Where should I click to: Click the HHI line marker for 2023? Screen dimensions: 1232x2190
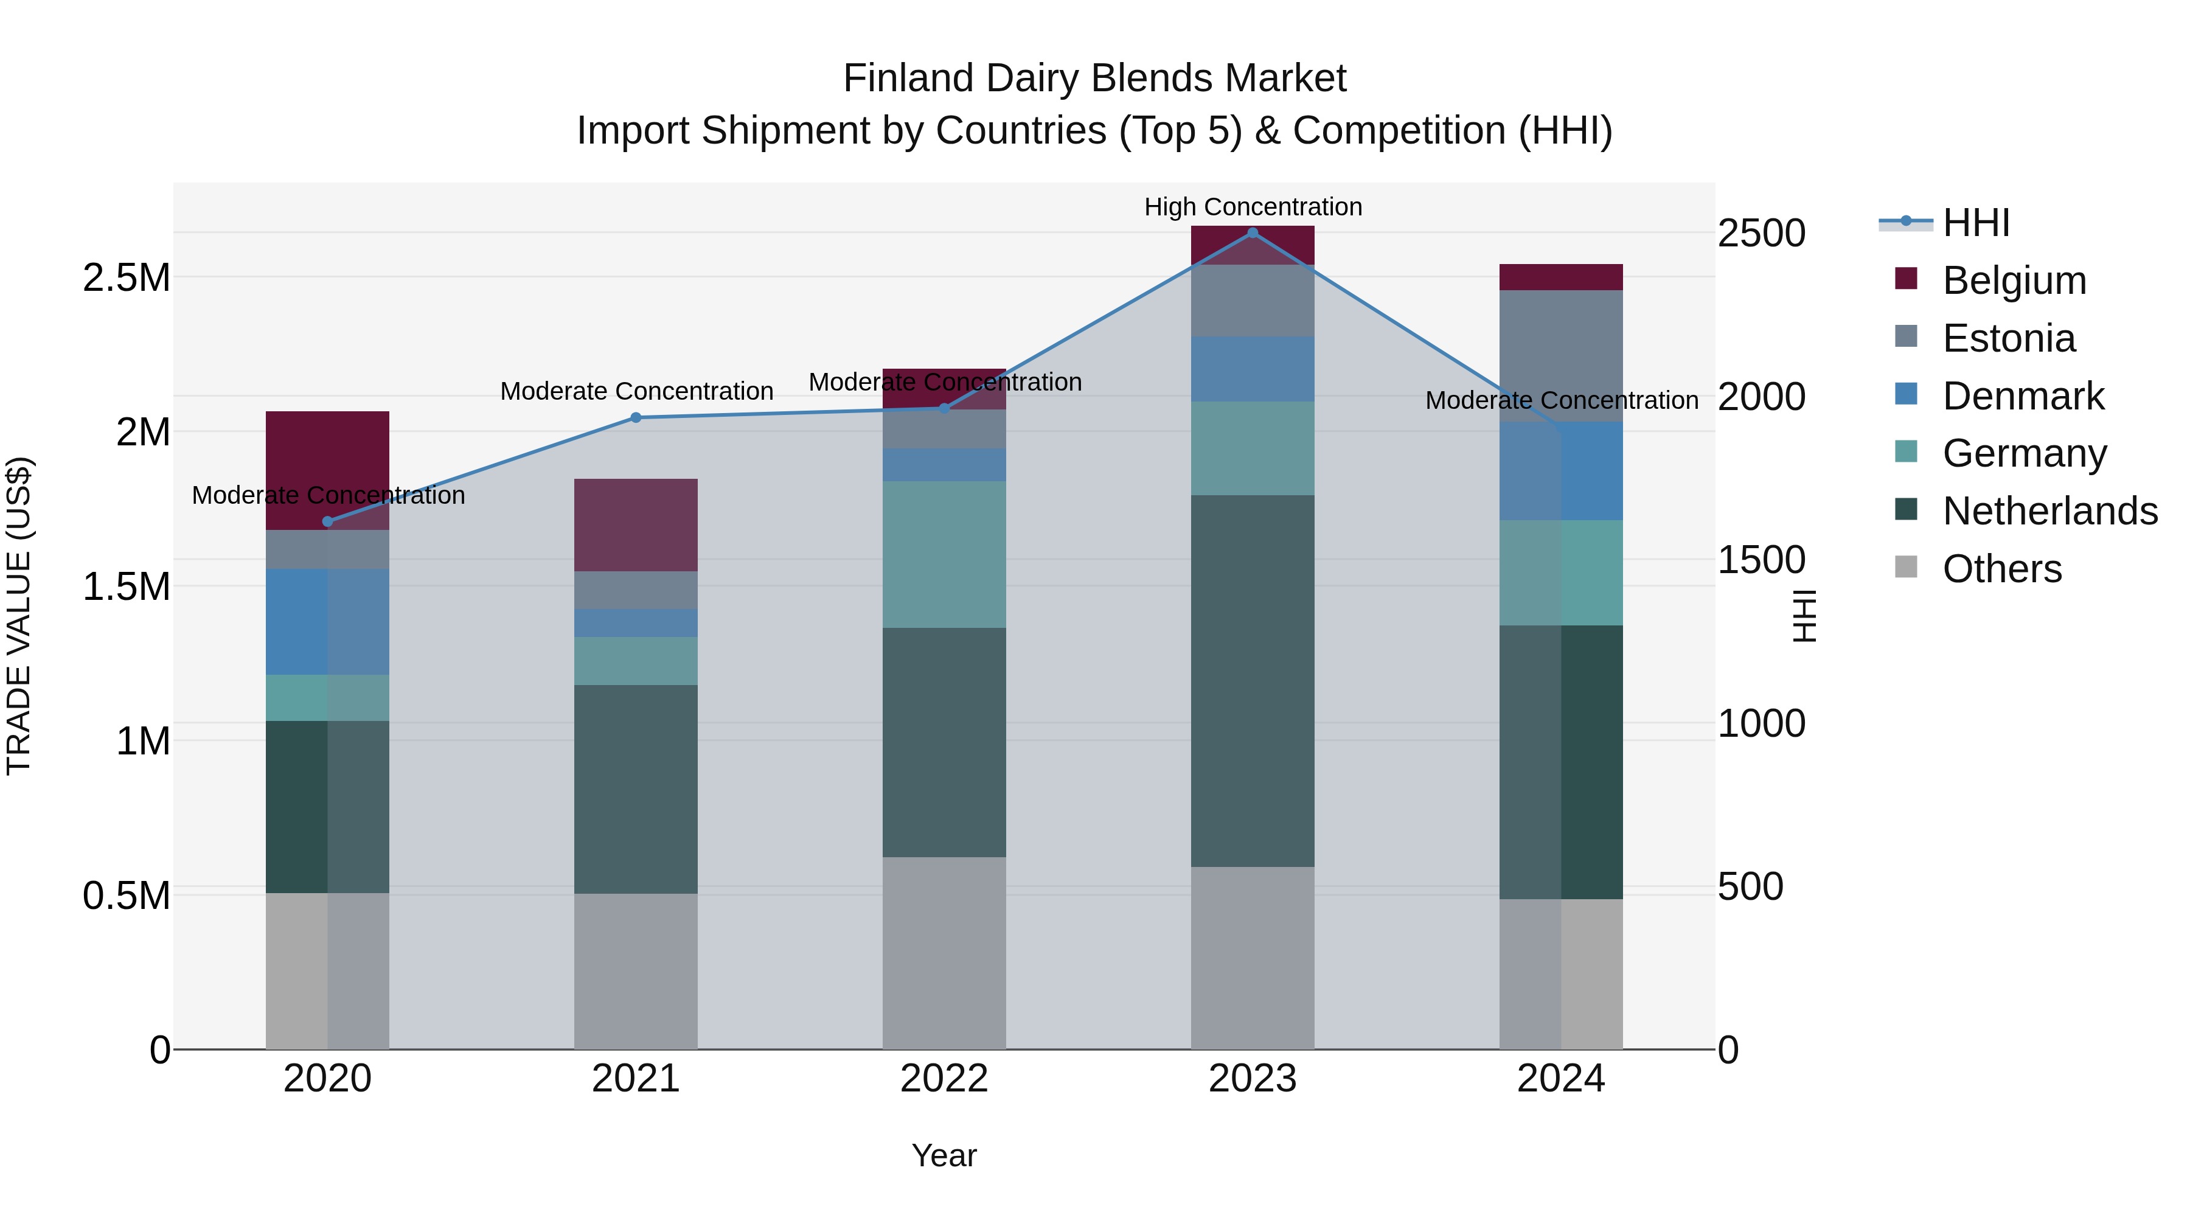click(x=1253, y=233)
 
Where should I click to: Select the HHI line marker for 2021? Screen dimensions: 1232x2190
click(x=636, y=417)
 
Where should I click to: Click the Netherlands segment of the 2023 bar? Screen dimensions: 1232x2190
click(x=1253, y=680)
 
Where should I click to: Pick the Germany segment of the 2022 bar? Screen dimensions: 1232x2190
click(x=944, y=554)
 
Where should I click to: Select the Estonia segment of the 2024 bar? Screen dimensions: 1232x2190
click(x=1561, y=355)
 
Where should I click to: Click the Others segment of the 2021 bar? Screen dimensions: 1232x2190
click(x=636, y=971)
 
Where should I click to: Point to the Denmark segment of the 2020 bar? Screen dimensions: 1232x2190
click(x=327, y=622)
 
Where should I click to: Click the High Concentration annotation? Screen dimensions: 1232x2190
click(x=1253, y=207)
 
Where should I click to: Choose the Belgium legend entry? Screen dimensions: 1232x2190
click(x=2013, y=280)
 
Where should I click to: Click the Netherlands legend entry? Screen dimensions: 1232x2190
click(x=2049, y=511)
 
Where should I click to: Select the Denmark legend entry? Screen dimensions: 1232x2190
click(x=2023, y=396)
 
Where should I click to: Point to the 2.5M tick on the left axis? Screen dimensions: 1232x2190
click(x=126, y=278)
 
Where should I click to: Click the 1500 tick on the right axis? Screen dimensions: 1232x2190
click(x=1761, y=560)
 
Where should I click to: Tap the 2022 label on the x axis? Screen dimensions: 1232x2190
click(x=944, y=1079)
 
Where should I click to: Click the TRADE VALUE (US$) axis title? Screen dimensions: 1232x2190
click(x=19, y=616)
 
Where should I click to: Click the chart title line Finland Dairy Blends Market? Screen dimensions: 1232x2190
click(x=1094, y=78)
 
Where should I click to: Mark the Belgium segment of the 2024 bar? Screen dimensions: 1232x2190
click(x=1561, y=277)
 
